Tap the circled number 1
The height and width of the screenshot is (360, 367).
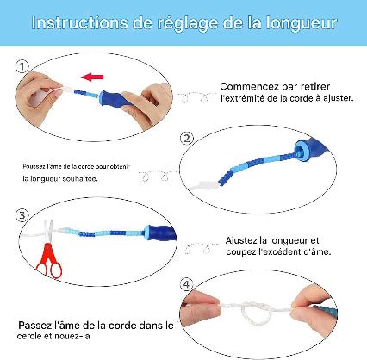(x=22, y=65)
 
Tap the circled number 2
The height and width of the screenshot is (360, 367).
(x=186, y=138)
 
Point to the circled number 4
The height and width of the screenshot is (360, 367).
(x=186, y=283)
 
